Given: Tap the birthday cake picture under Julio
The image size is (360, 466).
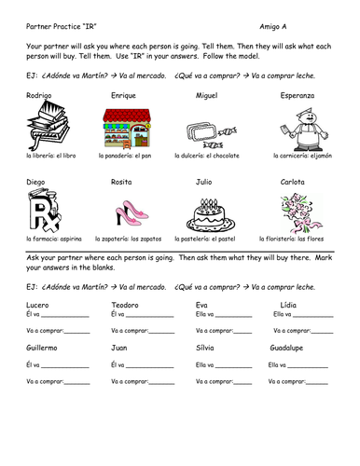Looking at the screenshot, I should (x=214, y=212).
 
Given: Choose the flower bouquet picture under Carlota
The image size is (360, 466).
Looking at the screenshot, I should (x=302, y=211).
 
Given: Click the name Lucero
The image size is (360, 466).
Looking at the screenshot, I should (x=39, y=306).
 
